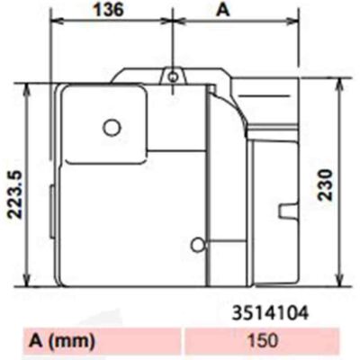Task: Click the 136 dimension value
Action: (x=109, y=10)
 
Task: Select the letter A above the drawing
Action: (x=223, y=10)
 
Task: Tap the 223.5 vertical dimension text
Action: (x=14, y=194)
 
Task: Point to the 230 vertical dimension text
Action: (x=326, y=184)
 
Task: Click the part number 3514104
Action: (x=271, y=313)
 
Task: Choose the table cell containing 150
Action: (x=262, y=341)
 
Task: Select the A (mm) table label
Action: (x=62, y=340)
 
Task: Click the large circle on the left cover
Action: (x=112, y=128)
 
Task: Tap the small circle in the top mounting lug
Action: (x=173, y=77)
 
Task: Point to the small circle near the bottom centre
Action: (x=198, y=245)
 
